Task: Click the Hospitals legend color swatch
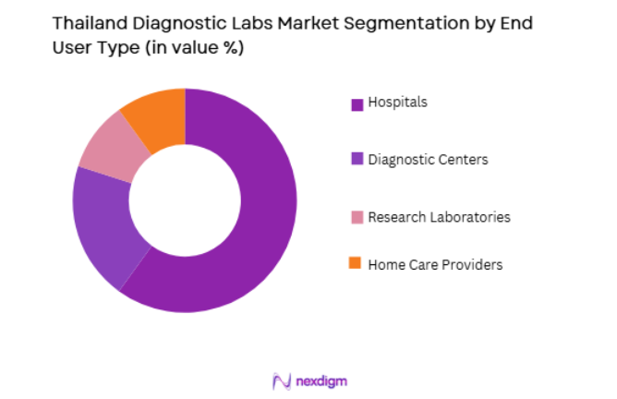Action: click(x=356, y=104)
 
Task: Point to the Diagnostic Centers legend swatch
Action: click(x=356, y=161)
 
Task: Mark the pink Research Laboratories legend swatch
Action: click(x=356, y=218)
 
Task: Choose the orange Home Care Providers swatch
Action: click(x=356, y=265)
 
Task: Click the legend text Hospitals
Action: click(x=397, y=103)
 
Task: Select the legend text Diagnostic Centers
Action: click(x=428, y=160)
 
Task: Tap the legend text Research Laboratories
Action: click(x=439, y=217)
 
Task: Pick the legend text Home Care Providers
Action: click(x=435, y=265)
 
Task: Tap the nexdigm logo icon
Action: click(x=281, y=381)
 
